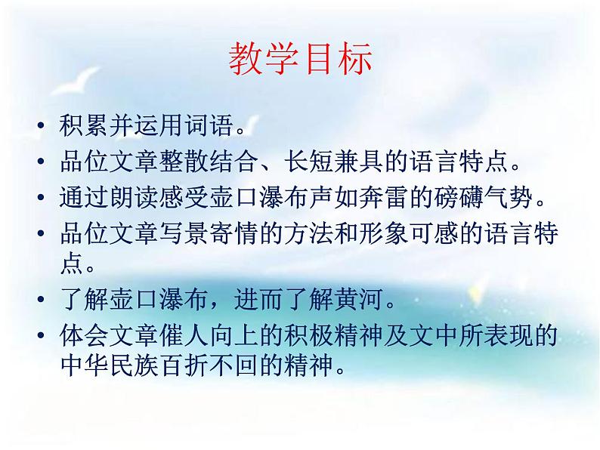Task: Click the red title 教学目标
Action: click(300, 60)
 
